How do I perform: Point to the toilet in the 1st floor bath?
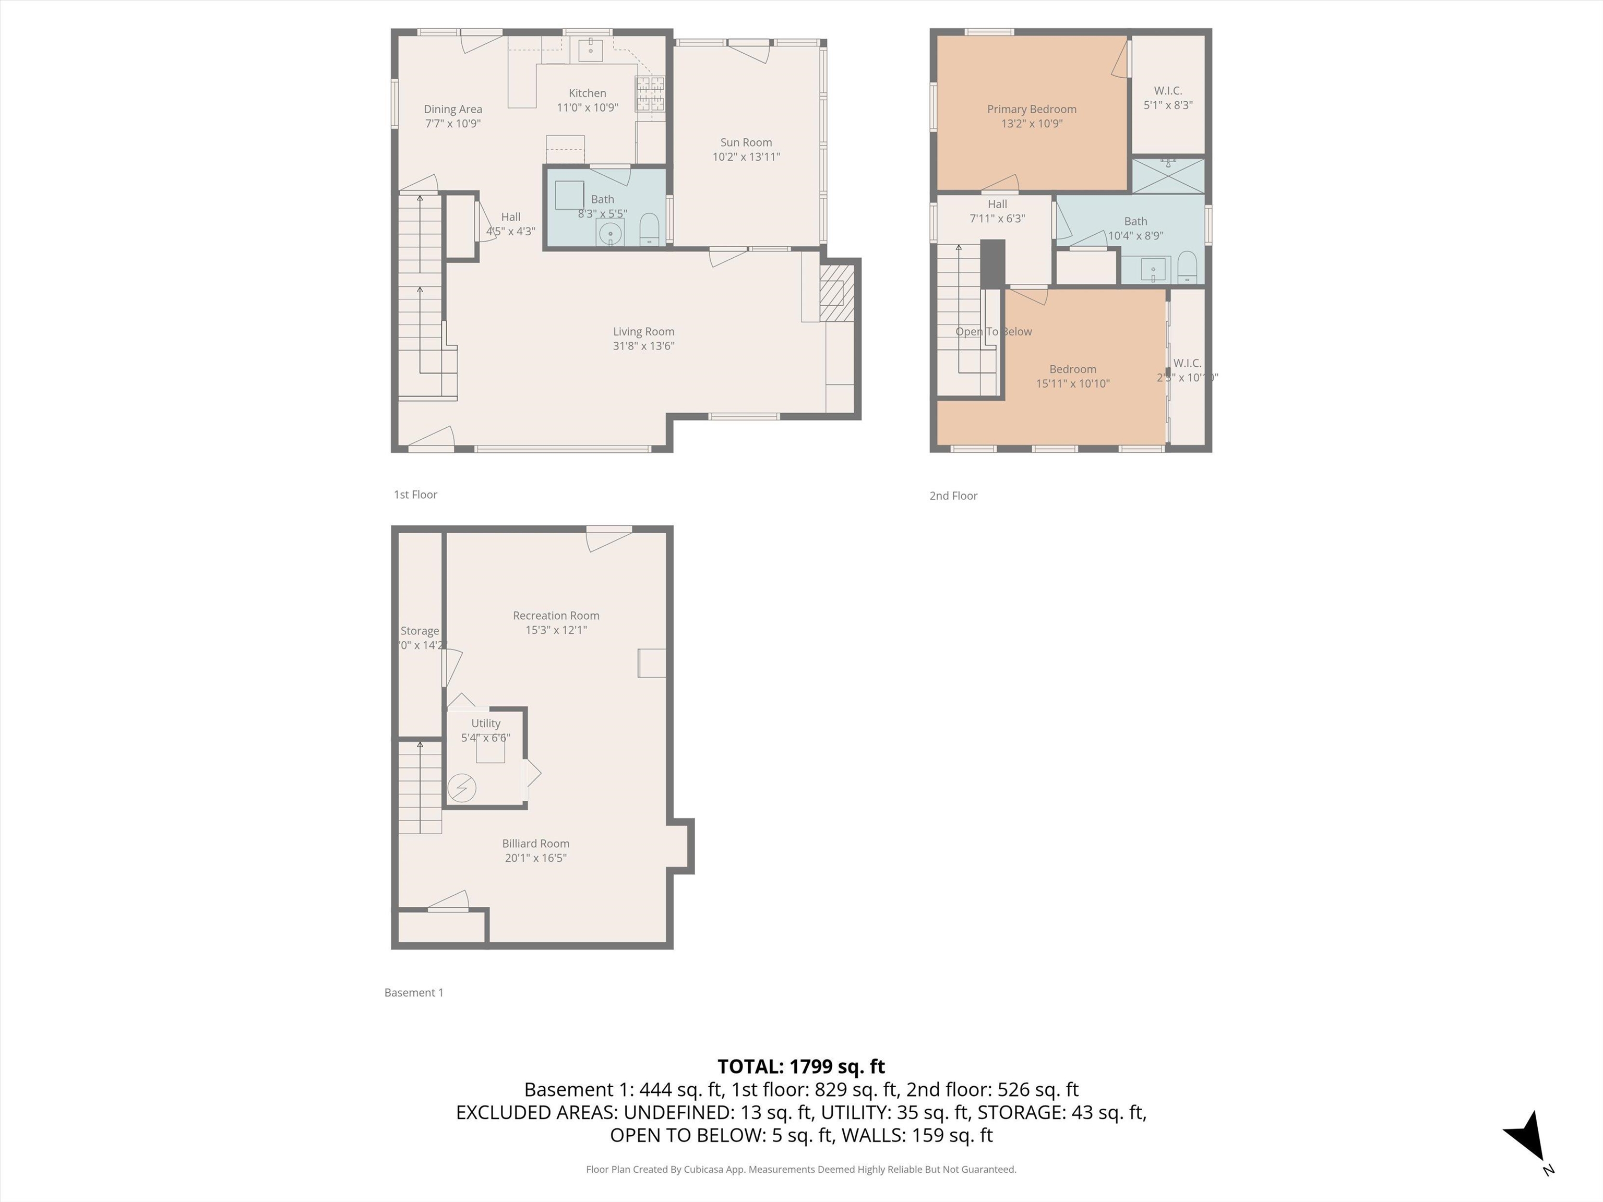[x=649, y=231]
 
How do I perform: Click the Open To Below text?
[x=993, y=332]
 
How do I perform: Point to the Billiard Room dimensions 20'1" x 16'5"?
[x=535, y=858]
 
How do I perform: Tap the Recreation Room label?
[x=556, y=616]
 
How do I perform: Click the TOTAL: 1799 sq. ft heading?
[x=801, y=1066]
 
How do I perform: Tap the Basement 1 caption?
[x=413, y=993]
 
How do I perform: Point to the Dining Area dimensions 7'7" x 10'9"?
[x=452, y=124]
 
